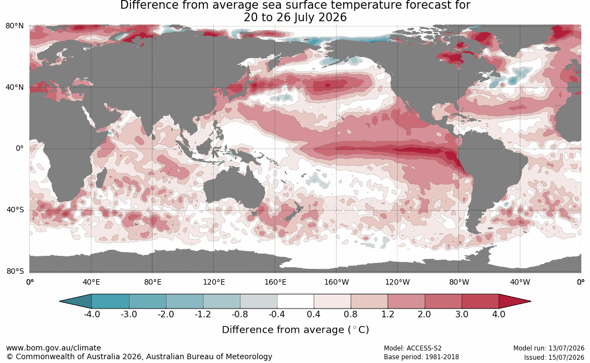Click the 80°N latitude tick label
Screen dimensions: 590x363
pos(15,26)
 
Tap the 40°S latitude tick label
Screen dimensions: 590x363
pos(15,210)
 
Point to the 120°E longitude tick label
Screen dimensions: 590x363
pos(214,282)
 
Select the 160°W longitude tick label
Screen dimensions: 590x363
pos(336,282)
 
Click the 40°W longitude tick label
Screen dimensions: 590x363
pos(520,282)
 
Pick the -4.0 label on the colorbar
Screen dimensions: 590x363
pos(92,314)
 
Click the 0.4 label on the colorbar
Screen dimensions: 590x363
pos(313,314)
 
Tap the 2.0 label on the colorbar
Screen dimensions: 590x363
pos(424,314)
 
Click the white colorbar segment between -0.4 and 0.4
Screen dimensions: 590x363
pos(295,302)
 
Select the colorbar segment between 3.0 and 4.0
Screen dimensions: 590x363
pos(480,302)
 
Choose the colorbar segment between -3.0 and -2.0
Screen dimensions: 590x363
pos(147,302)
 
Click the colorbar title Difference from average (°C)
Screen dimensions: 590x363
pos(295,330)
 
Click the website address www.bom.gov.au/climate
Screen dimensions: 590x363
pos(53,348)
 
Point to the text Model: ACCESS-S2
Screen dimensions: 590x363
pos(412,348)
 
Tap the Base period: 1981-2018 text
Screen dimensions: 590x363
pos(421,357)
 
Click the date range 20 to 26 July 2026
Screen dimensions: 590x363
pos(295,17)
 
